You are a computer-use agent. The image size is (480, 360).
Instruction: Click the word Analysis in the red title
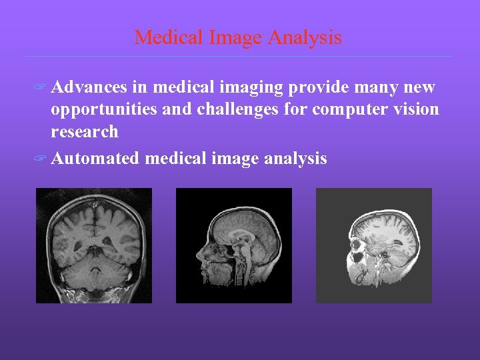pyautogui.click(x=305, y=38)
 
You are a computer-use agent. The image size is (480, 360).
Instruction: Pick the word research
pyautogui.click(x=85, y=131)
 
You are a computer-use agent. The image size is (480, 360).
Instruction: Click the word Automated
pyautogui.click(x=95, y=159)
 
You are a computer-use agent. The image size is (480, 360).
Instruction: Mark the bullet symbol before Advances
pyautogui.click(x=41, y=88)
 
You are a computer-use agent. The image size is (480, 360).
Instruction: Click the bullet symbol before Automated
pyautogui.click(x=41, y=159)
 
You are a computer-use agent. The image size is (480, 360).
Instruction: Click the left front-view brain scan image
pyautogui.click(x=94, y=245)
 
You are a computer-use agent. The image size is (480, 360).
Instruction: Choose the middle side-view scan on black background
pyautogui.click(x=233, y=245)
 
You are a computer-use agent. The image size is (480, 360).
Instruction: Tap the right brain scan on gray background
pyautogui.click(x=373, y=245)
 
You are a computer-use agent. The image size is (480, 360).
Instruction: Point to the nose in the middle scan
pyautogui.click(x=198, y=256)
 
